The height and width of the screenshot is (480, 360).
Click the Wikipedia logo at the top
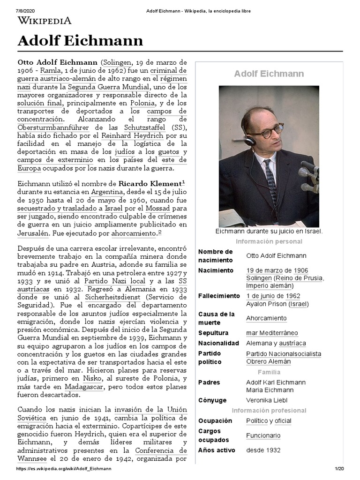point(45,21)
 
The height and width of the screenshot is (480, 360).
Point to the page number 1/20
point(339,469)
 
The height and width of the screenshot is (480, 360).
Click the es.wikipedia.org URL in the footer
point(64,469)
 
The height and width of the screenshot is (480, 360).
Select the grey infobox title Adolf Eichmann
point(269,74)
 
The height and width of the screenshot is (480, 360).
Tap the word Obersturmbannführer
point(53,127)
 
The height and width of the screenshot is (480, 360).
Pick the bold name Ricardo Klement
point(150,183)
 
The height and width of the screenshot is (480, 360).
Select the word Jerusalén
point(33,232)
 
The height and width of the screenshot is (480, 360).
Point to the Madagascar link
point(84,387)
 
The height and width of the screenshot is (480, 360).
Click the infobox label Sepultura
point(213,333)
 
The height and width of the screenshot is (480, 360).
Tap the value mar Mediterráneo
point(272,333)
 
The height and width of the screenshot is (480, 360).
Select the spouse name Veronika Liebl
point(268,400)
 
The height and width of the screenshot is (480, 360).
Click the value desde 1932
point(263,450)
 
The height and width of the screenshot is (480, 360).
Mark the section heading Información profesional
point(269,411)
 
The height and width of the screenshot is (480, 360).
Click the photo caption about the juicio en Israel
point(269,232)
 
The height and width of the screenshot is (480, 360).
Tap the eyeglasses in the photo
point(268,132)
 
